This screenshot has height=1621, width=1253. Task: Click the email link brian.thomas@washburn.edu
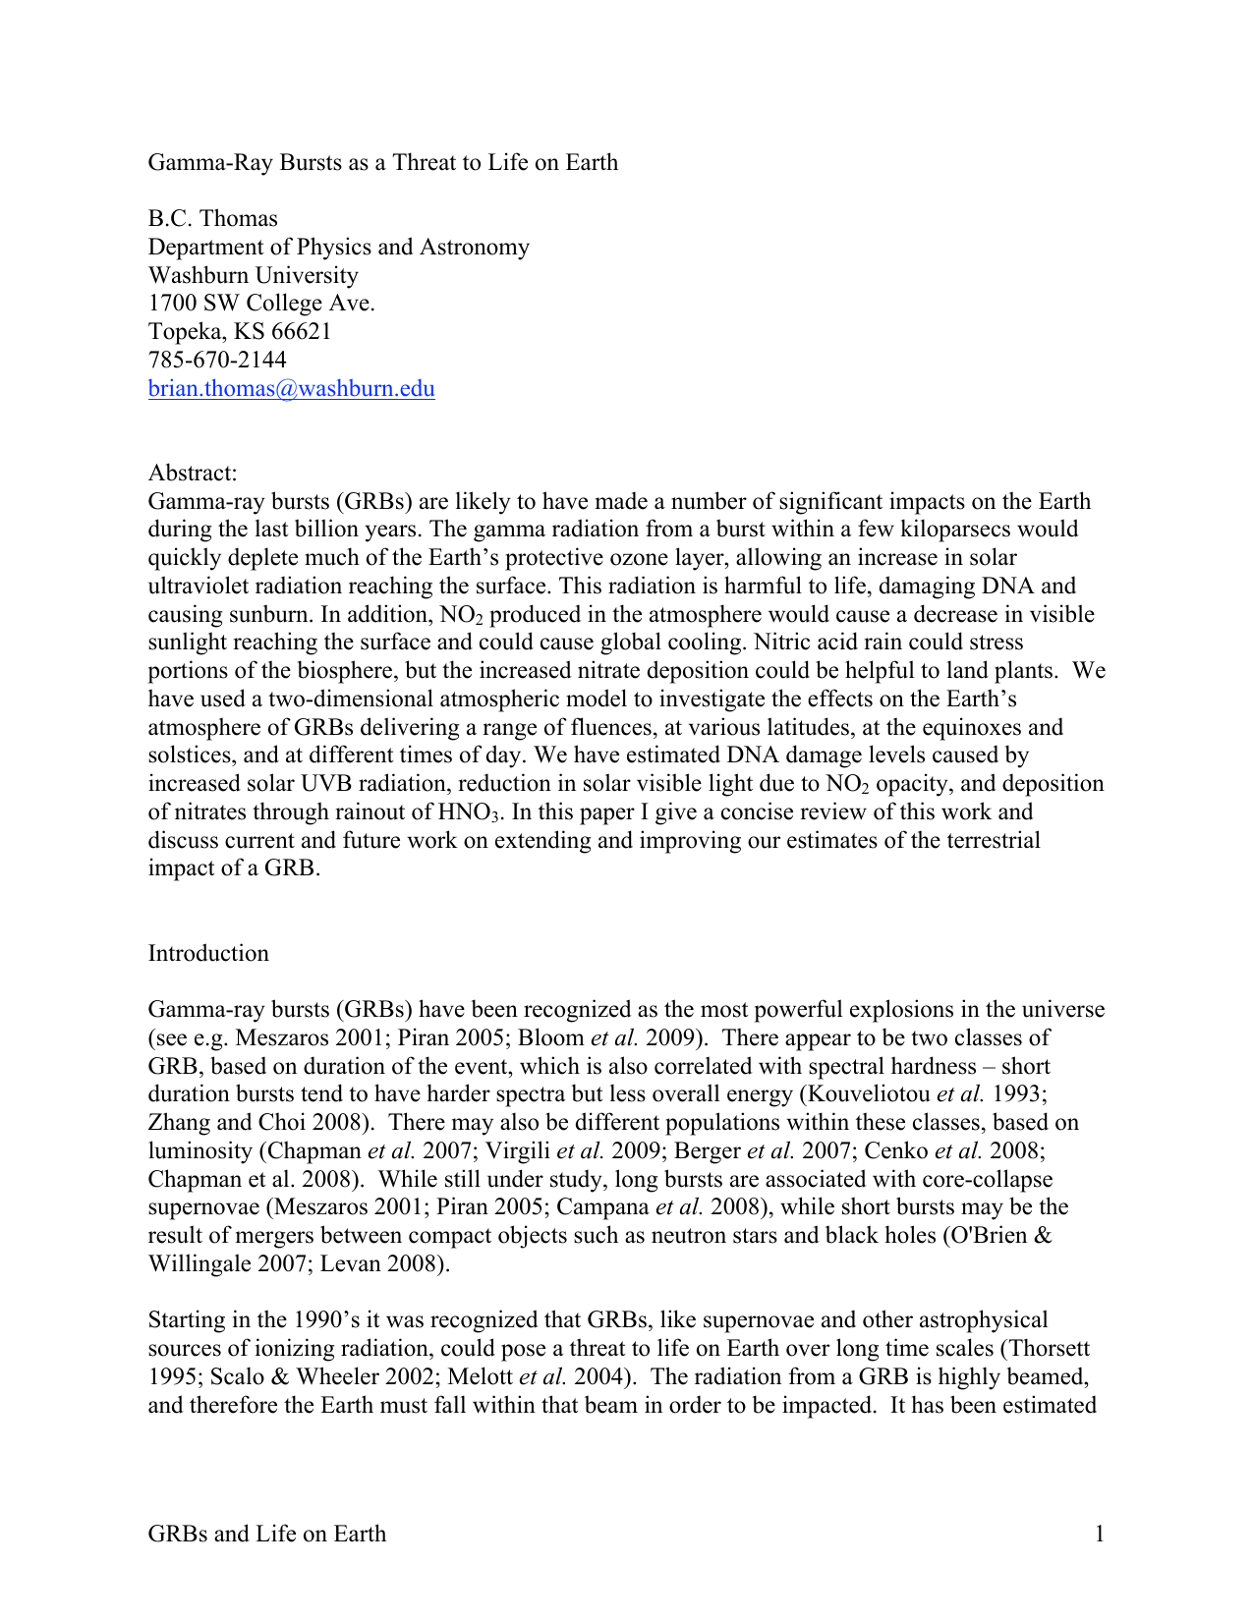(x=291, y=389)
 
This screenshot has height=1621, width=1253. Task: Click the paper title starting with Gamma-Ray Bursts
(x=382, y=162)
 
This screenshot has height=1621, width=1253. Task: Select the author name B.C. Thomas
(x=212, y=218)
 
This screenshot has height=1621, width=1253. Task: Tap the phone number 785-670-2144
(x=217, y=360)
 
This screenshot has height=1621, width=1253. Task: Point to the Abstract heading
(x=193, y=473)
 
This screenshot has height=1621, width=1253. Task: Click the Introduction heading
(x=208, y=953)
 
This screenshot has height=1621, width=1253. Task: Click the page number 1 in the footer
(x=1100, y=1534)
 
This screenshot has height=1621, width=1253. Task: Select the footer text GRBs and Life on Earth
(x=266, y=1534)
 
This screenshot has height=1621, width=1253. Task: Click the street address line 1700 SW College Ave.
(x=261, y=303)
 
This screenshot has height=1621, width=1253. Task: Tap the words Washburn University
(x=253, y=275)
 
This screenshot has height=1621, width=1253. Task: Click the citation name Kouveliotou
(x=868, y=1094)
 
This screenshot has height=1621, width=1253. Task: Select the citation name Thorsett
(x=1045, y=1348)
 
